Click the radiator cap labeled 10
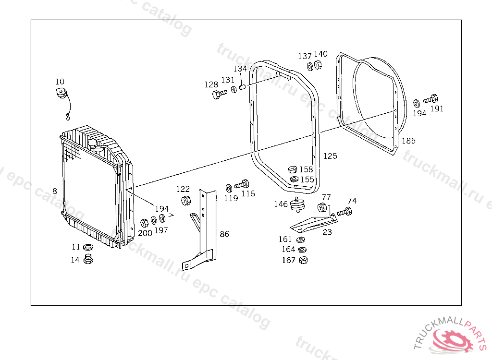tap(61, 94)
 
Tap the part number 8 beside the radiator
tap(55, 191)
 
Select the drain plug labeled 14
tap(88, 260)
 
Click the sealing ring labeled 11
tap(88, 248)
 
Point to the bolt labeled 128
tap(218, 94)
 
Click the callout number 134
tap(240, 69)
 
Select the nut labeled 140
tap(318, 65)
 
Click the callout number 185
tap(408, 141)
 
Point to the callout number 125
tap(330, 156)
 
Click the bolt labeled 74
tap(345, 211)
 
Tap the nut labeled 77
tap(322, 208)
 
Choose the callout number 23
tap(327, 232)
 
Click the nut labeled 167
tap(303, 260)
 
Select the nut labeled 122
tap(184, 201)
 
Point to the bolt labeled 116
tap(244, 184)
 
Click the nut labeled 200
tap(144, 223)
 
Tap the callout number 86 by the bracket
tap(224, 234)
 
